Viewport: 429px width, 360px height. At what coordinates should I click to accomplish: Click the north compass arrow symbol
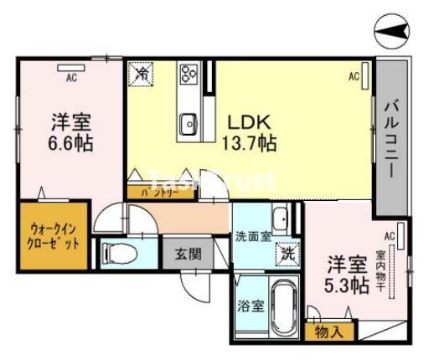click(x=394, y=33)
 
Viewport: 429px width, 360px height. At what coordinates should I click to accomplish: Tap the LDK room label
click(x=248, y=123)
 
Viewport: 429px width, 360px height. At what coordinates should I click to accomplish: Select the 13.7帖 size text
click(x=248, y=143)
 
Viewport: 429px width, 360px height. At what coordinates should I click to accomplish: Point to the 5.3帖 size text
click(x=347, y=285)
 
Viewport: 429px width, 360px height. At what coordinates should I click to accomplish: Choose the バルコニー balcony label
click(x=390, y=139)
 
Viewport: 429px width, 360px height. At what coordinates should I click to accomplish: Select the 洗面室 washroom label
click(x=252, y=236)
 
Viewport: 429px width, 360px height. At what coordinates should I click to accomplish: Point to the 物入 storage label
click(x=329, y=331)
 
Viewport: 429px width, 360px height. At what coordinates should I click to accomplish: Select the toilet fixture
click(x=118, y=252)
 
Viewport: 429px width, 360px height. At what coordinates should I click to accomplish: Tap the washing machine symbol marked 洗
click(x=287, y=249)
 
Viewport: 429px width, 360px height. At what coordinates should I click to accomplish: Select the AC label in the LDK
click(x=355, y=77)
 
